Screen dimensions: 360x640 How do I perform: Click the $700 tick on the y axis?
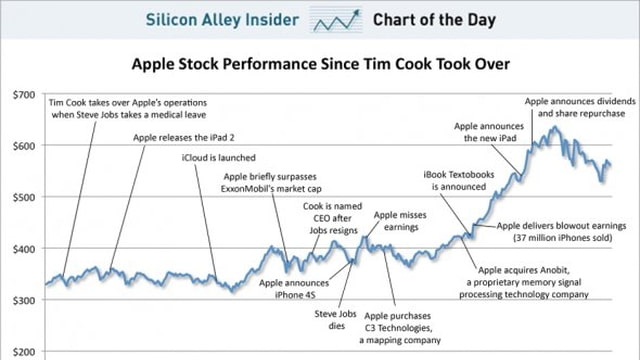[x=21, y=95]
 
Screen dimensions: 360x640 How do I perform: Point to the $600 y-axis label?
[x=21, y=146]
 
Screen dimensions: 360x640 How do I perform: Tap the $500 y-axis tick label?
[x=21, y=197]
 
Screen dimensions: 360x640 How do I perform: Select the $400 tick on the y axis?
[x=21, y=248]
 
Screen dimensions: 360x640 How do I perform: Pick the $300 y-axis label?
[x=21, y=299]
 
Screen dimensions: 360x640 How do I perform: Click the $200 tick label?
[x=21, y=351]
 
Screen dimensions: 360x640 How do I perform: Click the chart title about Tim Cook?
[x=321, y=65]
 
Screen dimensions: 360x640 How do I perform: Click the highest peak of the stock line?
[x=550, y=127]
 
